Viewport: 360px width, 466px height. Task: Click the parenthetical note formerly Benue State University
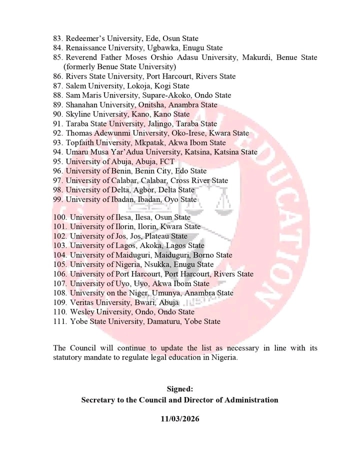pos(119,67)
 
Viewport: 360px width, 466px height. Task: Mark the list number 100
pos(59,217)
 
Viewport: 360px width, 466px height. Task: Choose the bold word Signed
pos(179,388)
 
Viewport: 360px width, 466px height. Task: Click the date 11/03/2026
pos(179,419)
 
